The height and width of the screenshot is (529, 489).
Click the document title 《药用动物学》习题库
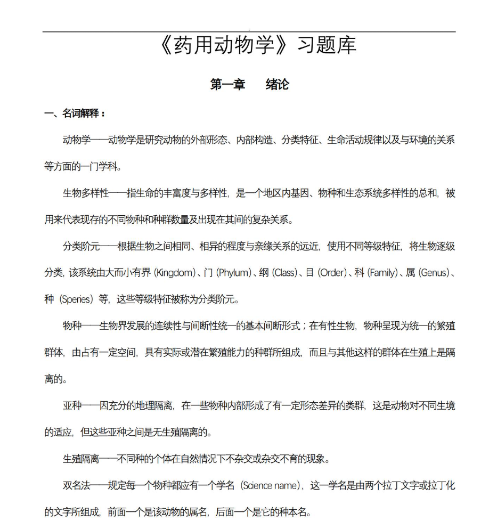257,46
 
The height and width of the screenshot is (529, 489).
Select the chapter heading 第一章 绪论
249,85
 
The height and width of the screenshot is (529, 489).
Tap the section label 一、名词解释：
75,113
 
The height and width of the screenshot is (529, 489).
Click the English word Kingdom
175,273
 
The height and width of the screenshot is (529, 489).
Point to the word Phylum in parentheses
233,273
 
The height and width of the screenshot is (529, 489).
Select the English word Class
284,273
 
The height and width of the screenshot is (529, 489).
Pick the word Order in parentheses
332,273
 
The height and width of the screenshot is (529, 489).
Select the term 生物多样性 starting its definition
85,193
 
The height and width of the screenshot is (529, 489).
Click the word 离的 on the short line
53,379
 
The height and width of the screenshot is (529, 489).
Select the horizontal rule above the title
249,32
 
